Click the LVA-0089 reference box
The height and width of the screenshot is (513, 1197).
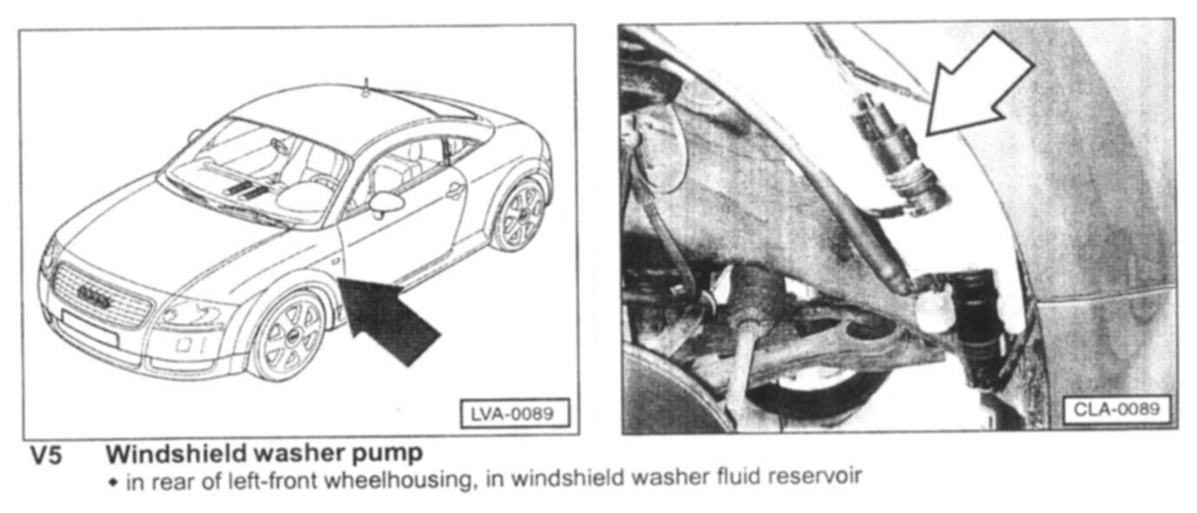(514, 413)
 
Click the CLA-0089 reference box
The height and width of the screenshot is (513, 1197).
(1116, 409)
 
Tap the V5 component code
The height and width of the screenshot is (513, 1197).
(46, 456)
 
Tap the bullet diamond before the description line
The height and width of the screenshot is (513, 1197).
(112, 482)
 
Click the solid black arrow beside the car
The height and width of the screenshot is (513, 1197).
(386, 319)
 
